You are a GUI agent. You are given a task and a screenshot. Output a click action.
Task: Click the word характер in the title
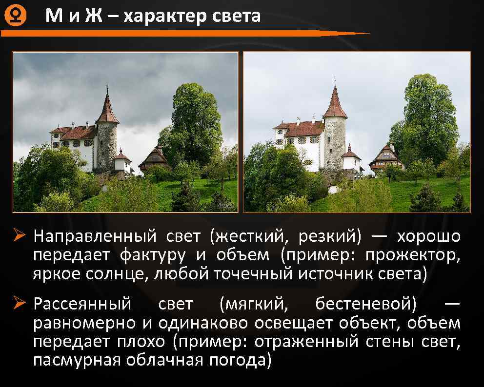pyautogui.click(x=165, y=17)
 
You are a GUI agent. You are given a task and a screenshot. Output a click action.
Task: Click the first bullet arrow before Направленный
pyautogui.click(x=20, y=237)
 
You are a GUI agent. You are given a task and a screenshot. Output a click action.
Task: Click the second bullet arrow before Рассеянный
pyautogui.click(x=20, y=304)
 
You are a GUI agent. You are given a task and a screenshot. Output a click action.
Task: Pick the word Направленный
pyautogui.click(x=96, y=237)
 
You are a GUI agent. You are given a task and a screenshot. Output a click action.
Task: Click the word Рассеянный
pyautogui.click(x=82, y=304)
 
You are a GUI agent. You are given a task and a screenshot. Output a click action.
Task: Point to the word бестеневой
pyautogui.click(x=366, y=304)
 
